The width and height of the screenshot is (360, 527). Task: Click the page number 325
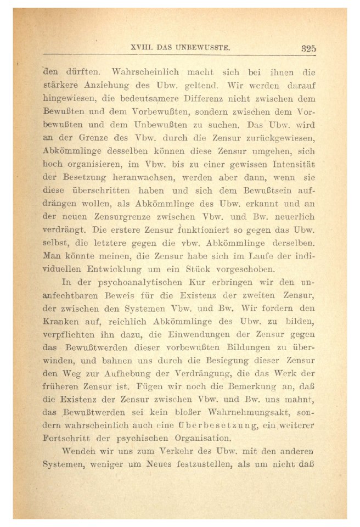[x=308, y=48]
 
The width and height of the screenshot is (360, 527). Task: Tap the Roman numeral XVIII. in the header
[x=143, y=48]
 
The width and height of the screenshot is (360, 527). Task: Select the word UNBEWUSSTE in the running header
[x=202, y=48]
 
